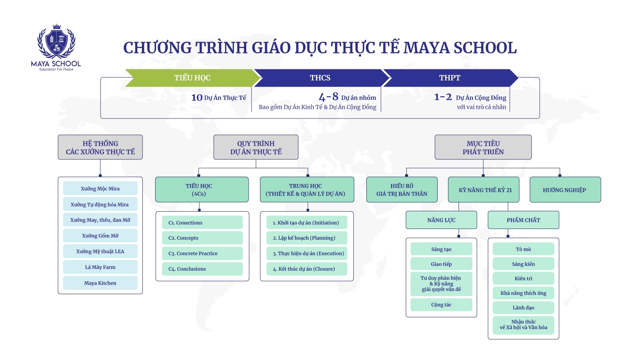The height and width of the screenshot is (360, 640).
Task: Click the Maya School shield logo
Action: (56, 42)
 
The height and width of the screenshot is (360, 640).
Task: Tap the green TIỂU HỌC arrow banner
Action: (192, 78)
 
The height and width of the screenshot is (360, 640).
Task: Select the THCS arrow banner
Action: (320, 78)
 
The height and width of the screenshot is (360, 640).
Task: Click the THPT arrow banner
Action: (450, 78)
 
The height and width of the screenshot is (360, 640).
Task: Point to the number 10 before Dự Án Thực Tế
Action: (197, 98)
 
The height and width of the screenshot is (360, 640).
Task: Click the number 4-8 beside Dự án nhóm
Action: (328, 97)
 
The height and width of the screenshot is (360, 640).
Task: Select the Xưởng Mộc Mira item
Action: (100, 189)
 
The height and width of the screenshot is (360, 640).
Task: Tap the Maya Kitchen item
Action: (100, 283)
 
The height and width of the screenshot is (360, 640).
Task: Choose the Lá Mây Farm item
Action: (100, 267)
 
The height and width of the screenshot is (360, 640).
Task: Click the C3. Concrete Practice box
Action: (202, 254)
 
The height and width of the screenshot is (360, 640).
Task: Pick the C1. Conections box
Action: (202, 223)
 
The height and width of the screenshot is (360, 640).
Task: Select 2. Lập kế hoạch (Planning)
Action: (306, 238)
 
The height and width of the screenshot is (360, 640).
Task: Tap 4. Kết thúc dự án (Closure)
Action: (306, 269)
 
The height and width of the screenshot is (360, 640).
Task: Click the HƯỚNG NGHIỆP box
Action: (565, 190)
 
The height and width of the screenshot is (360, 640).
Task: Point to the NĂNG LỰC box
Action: (441, 220)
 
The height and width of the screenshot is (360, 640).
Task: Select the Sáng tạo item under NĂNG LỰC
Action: (441, 249)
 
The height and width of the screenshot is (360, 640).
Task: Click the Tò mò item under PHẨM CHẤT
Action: (523, 249)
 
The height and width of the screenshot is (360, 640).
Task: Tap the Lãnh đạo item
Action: (523, 308)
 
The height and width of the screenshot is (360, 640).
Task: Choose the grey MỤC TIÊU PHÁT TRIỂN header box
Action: (483, 147)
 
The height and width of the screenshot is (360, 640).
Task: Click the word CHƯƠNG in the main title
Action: (157, 48)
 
